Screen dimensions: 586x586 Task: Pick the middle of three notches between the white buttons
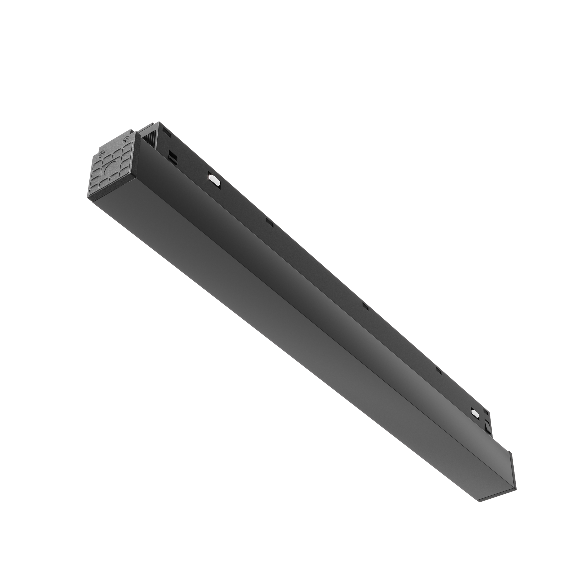point(366,307)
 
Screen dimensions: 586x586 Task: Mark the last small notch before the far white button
point(438,370)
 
